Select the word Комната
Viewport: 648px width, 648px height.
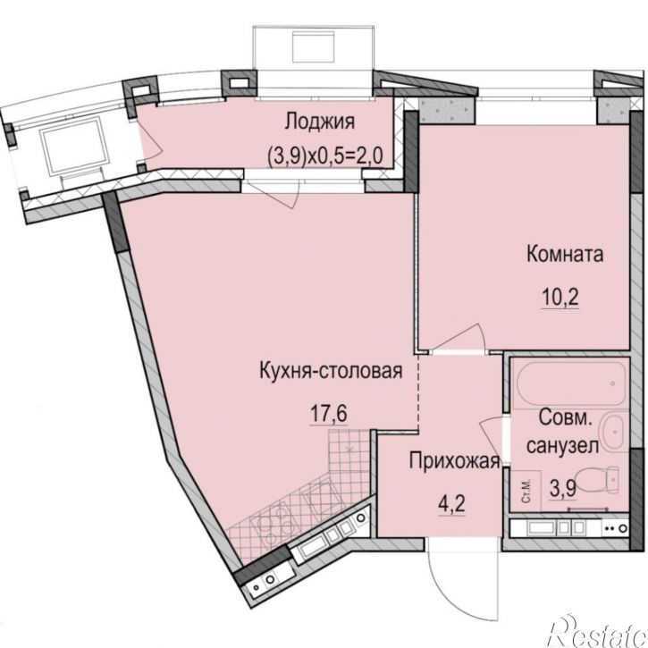click(565, 254)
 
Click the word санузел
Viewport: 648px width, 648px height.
click(561, 446)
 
